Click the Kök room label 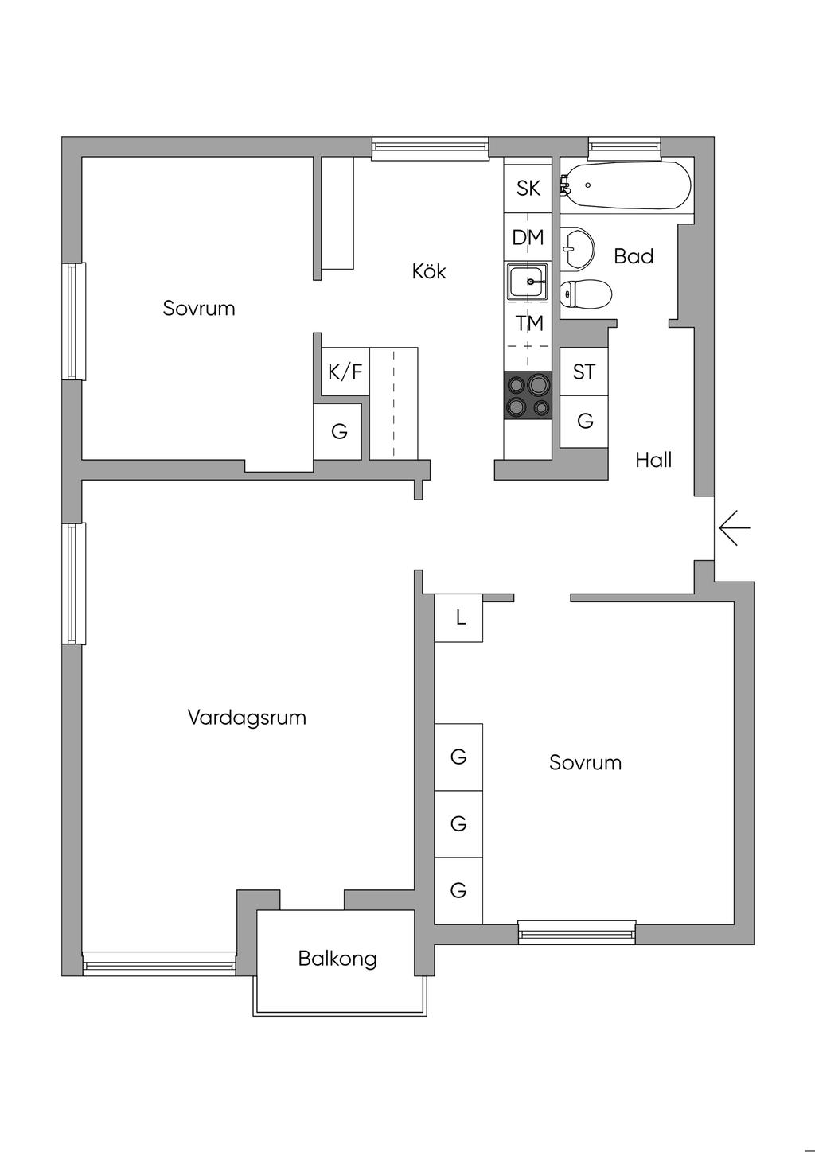pyautogui.click(x=429, y=271)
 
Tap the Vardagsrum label pyautogui.click(x=247, y=718)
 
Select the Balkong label pyautogui.click(x=337, y=959)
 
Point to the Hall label pyautogui.click(x=653, y=460)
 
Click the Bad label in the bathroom pyautogui.click(x=634, y=256)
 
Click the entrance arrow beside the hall pyautogui.click(x=734, y=527)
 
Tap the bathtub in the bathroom pyautogui.click(x=626, y=186)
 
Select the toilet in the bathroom pyautogui.click(x=586, y=294)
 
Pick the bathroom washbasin pyautogui.click(x=576, y=247)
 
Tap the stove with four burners pyautogui.click(x=528, y=395)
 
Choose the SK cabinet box pyautogui.click(x=528, y=189)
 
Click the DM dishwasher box pyautogui.click(x=528, y=237)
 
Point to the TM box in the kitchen pyautogui.click(x=528, y=324)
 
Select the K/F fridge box pyautogui.click(x=345, y=372)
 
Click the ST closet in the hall pyautogui.click(x=584, y=372)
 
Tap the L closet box pyautogui.click(x=459, y=617)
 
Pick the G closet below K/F pyautogui.click(x=339, y=431)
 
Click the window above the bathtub pyautogui.click(x=624, y=146)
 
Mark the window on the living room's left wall pyautogui.click(x=74, y=583)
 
